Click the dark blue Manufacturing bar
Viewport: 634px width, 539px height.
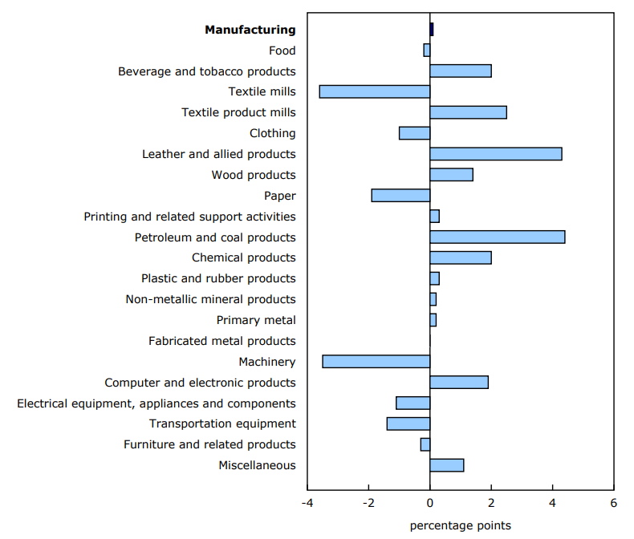(432, 30)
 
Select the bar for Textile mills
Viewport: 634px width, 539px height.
(375, 91)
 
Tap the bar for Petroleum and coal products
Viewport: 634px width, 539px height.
(498, 237)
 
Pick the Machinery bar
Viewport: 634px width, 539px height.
(376, 362)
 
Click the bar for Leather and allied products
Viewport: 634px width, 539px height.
(496, 154)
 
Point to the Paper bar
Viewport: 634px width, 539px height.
(400, 196)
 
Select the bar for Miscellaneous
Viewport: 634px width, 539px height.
(447, 465)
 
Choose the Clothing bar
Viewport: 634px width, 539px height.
(415, 133)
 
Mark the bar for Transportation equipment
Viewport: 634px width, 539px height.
(408, 423)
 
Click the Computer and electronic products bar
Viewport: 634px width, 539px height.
(459, 383)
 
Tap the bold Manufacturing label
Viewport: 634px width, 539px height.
(250, 30)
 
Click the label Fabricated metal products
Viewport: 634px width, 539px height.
(222, 341)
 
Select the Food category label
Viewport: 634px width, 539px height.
(282, 51)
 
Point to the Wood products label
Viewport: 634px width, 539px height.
(254, 175)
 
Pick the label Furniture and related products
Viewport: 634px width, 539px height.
(209, 444)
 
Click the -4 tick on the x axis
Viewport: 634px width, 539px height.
(307, 504)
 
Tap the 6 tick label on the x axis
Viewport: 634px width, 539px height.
(613, 504)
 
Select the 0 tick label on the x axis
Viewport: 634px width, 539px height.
(430, 504)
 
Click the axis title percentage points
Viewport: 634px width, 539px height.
(460, 525)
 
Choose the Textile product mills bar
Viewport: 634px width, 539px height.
(469, 112)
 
